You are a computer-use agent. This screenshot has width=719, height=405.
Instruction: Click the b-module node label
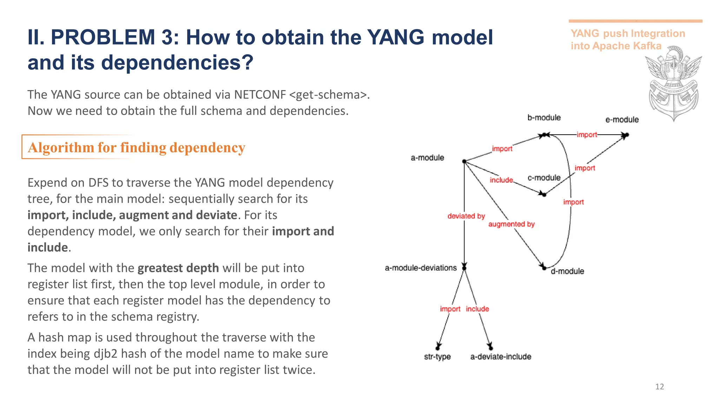(544, 117)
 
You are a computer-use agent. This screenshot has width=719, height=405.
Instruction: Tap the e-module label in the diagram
(622, 120)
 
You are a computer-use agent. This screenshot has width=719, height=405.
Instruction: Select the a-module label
(427, 157)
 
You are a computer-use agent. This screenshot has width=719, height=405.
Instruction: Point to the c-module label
(544, 178)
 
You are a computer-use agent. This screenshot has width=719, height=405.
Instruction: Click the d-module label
(567, 271)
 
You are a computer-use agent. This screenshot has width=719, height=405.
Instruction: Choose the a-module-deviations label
(421, 268)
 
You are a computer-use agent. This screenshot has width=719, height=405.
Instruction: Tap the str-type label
(437, 356)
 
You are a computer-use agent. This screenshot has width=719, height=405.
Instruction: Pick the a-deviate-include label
(501, 356)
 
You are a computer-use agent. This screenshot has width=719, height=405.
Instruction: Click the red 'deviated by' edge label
(466, 216)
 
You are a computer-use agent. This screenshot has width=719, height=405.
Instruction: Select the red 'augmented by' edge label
(511, 224)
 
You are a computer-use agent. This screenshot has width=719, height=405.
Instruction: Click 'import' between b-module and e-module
(587, 135)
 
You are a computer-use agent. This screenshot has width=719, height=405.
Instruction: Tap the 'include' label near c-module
(501, 180)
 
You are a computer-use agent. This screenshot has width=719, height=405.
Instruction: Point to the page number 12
(659, 387)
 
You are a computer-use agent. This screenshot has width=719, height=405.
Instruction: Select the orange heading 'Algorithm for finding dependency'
(136, 147)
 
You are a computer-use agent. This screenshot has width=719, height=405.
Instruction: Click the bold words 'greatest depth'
(178, 268)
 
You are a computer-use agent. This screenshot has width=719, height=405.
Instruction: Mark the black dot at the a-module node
(464, 161)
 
